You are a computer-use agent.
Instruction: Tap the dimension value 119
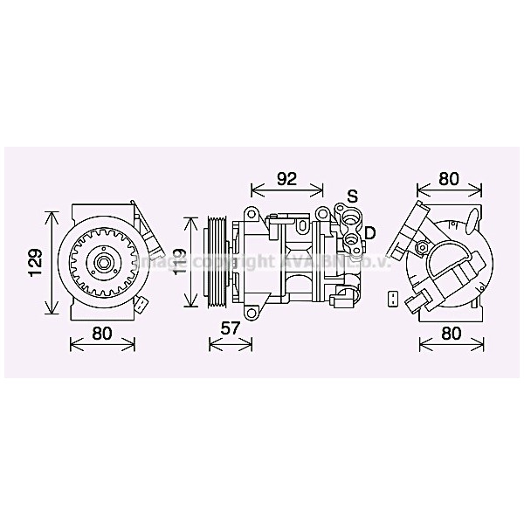(179, 261)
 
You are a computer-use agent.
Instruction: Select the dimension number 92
(286, 179)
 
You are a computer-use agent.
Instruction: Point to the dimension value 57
(230, 327)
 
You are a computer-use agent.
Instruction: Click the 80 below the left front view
(102, 332)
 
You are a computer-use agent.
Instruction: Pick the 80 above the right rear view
(448, 179)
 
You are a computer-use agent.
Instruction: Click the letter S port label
(352, 195)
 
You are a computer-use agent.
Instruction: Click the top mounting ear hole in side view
(250, 214)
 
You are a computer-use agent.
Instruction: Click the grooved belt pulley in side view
(212, 262)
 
